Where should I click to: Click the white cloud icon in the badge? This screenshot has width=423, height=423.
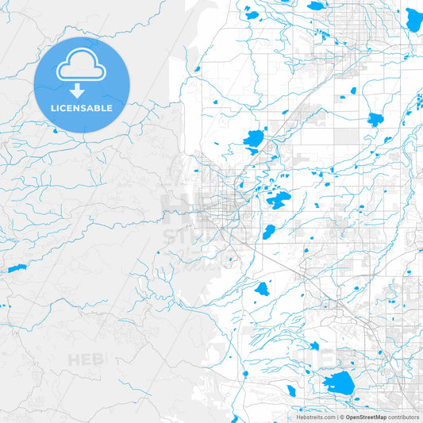[81, 67]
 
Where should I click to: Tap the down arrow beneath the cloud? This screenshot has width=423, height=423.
[78, 91]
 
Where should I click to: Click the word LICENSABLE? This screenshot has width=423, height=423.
[81, 107]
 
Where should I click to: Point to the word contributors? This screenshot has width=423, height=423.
[403, 417]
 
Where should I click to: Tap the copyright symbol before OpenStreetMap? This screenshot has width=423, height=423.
[341, 417]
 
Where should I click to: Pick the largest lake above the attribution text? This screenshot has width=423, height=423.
[340, 382]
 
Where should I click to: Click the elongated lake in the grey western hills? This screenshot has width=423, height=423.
[17, 269]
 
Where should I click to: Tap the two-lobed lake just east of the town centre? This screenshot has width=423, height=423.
[278, 199]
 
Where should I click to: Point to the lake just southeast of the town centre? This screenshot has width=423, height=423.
[268, 233]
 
